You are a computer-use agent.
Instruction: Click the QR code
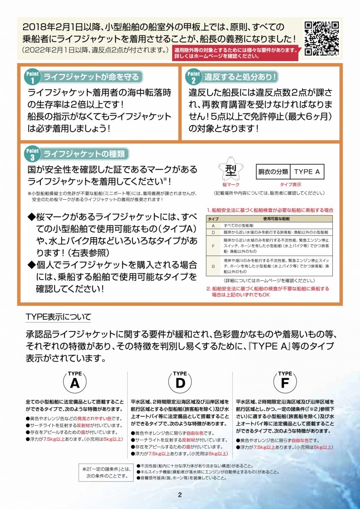(x=322, y=38)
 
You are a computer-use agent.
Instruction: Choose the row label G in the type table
(x=213, y=266)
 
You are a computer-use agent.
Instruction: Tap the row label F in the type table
(x=213, y=246)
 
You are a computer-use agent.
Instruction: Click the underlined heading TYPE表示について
(x=58, y=316)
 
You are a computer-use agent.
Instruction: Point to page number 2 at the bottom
(x=180, y=495)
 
